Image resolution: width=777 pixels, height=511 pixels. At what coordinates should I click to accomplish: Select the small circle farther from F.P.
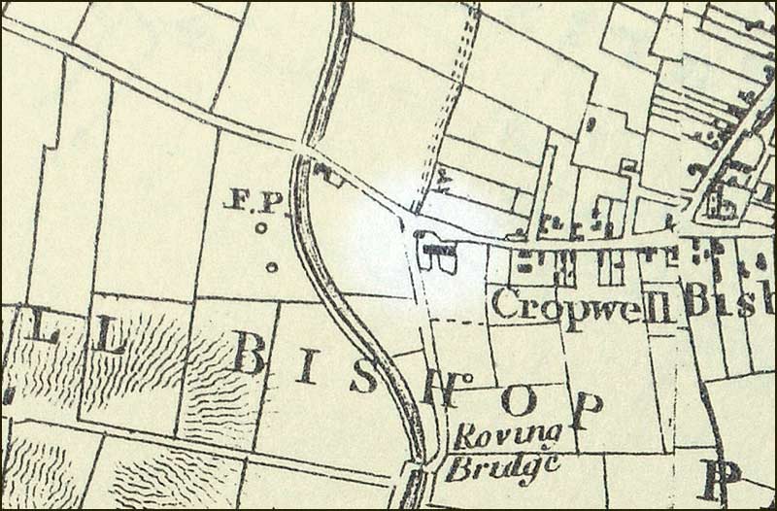tap(271, 266)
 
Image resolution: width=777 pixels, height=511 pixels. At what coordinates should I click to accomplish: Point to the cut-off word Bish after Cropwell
tap(728, 301)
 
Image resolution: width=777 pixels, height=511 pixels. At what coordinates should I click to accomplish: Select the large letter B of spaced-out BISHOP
tap(249, 354)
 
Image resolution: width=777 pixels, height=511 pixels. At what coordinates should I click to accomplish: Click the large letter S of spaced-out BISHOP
tap(362, 375)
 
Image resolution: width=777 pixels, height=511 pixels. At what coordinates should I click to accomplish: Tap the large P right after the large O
tap(584, 411)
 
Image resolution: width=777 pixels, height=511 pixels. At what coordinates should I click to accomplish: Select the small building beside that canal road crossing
tap(331, 174)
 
